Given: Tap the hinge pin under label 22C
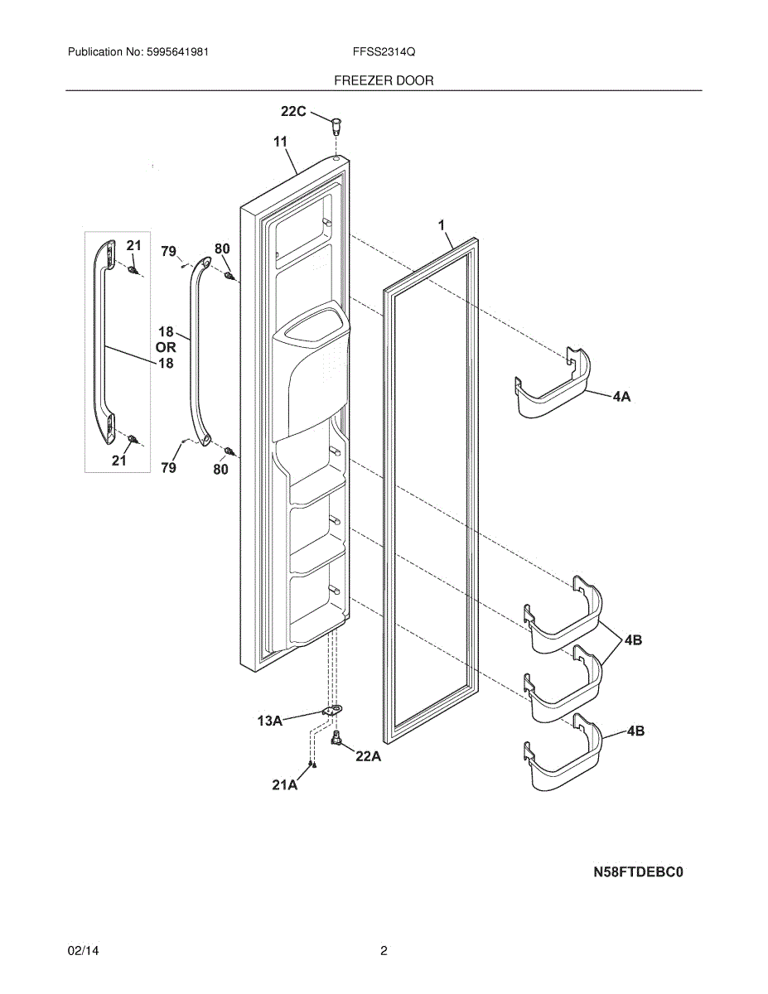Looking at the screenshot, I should click(335, 125).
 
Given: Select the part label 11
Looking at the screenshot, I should click(280, 142).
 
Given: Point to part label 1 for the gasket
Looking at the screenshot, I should click(442, 224).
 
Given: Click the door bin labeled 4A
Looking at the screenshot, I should click(553, 384).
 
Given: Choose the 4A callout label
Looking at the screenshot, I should click(621, 397).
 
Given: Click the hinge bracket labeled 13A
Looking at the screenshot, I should click(332, 711).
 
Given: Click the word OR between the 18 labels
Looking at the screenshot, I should click(166, 348).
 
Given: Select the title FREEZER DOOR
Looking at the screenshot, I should click(384, 80).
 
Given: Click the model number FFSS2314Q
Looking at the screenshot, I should click(384, 51).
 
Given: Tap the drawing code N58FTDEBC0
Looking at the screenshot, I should click(638, 871).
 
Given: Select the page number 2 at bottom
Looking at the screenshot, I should click(384, 951).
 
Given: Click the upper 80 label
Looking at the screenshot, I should click(222, 248).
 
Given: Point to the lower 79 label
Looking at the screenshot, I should click(168, 468).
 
